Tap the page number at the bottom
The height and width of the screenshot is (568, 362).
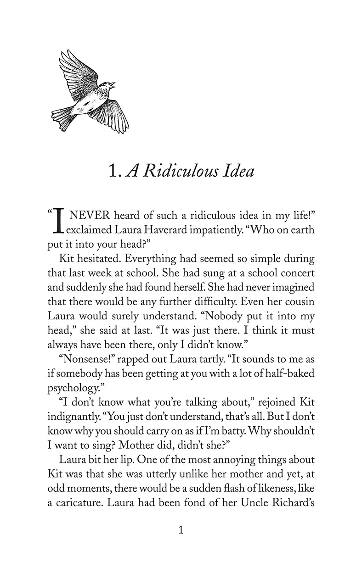point(181,530)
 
